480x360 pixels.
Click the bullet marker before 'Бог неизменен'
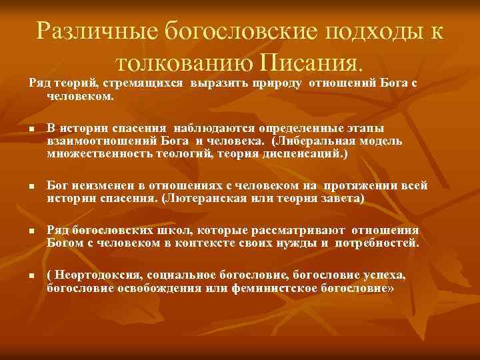(x=31, y=187)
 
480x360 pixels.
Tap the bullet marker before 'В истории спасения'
(x=31, y=129)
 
